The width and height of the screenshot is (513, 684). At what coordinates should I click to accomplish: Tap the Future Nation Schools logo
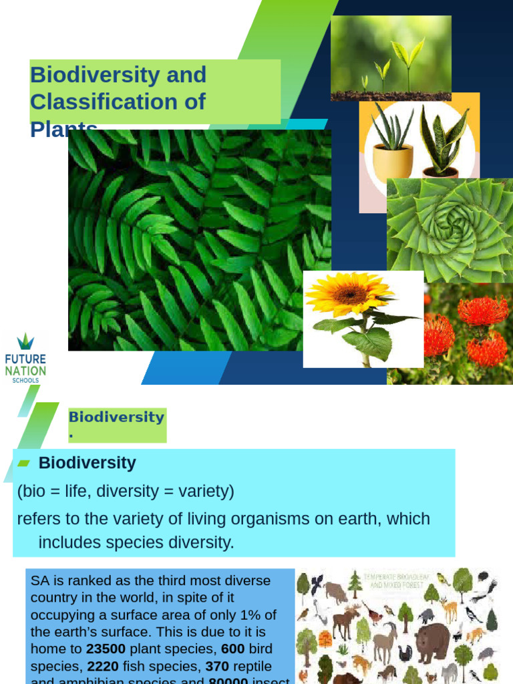pos(25,359)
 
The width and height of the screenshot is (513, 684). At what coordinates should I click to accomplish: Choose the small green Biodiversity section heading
pos(116,417)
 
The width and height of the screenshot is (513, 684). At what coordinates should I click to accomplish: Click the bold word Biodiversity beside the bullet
pos(87,463)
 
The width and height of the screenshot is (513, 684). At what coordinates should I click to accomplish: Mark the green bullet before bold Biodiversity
pos(24,464)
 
